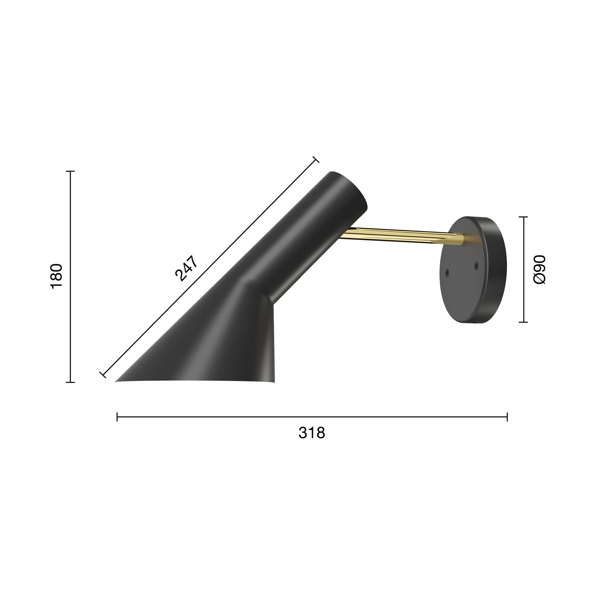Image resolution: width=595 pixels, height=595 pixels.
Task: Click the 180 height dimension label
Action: click(56, 276)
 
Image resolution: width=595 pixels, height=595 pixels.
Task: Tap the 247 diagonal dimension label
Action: click(186, 268)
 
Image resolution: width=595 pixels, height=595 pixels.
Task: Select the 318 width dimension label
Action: click(312, 433)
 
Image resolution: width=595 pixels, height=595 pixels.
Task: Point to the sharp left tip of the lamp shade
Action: click(116, 381)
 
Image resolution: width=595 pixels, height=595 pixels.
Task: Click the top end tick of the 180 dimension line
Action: click(70, 171)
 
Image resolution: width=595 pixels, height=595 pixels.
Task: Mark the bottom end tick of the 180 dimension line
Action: click(70, 382)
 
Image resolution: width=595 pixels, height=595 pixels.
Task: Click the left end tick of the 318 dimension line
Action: click(117, 417)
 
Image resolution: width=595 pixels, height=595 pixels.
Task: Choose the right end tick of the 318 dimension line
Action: click(507, 417)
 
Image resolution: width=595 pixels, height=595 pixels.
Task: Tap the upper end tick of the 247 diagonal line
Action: click(315, 160)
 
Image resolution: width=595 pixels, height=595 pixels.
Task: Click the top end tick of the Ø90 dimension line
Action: click(523, 217)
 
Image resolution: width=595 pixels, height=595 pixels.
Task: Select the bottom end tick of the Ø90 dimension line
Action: click(523, 322)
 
